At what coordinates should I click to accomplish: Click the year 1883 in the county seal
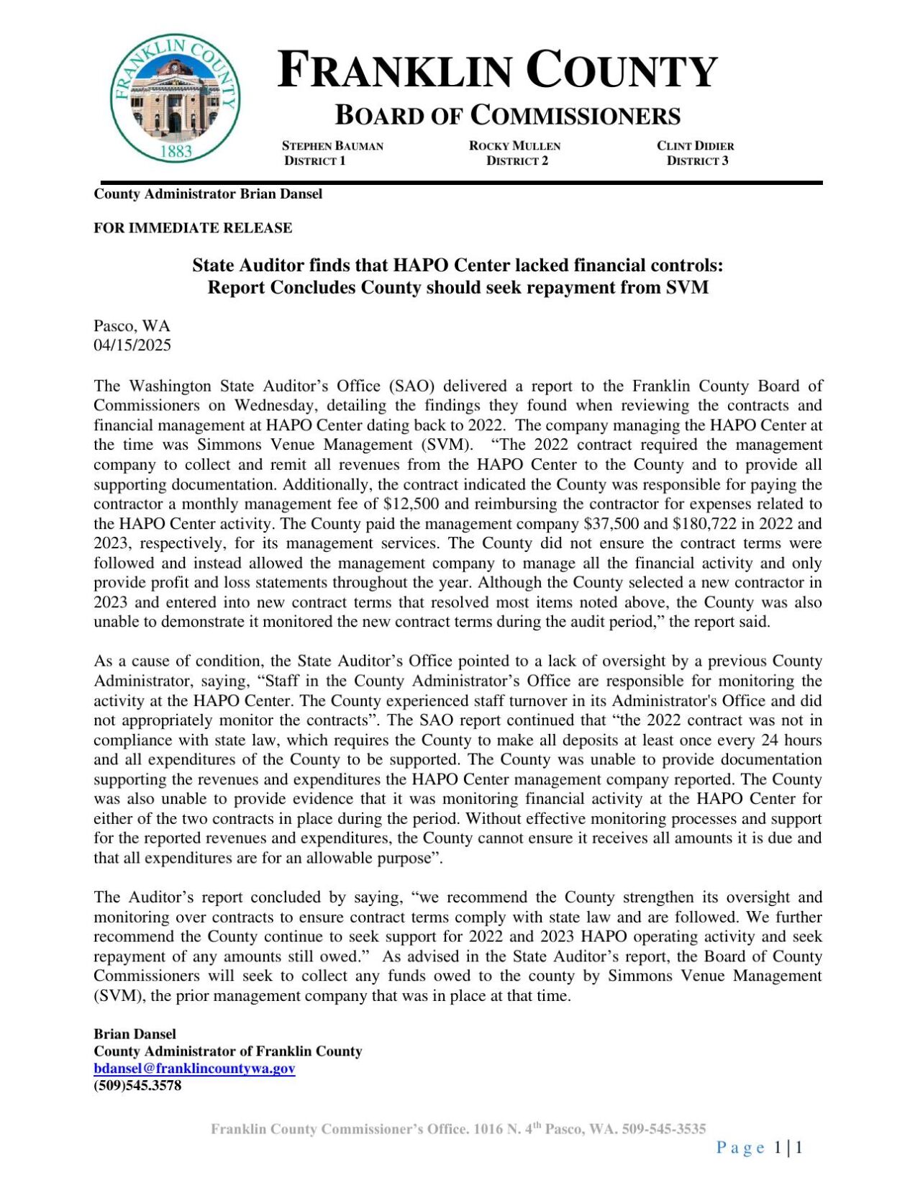175,150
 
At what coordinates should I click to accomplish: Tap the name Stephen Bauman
332,146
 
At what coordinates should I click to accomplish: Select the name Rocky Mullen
514,146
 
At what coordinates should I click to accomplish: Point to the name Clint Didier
695,146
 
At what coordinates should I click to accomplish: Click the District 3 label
697,160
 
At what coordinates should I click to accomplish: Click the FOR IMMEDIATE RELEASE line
193,228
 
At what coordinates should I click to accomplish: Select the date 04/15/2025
132,345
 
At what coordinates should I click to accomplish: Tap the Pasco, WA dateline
132,326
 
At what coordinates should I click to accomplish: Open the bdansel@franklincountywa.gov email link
194,1069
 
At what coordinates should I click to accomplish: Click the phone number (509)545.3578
137,1085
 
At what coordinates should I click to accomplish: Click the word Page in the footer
740,1148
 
